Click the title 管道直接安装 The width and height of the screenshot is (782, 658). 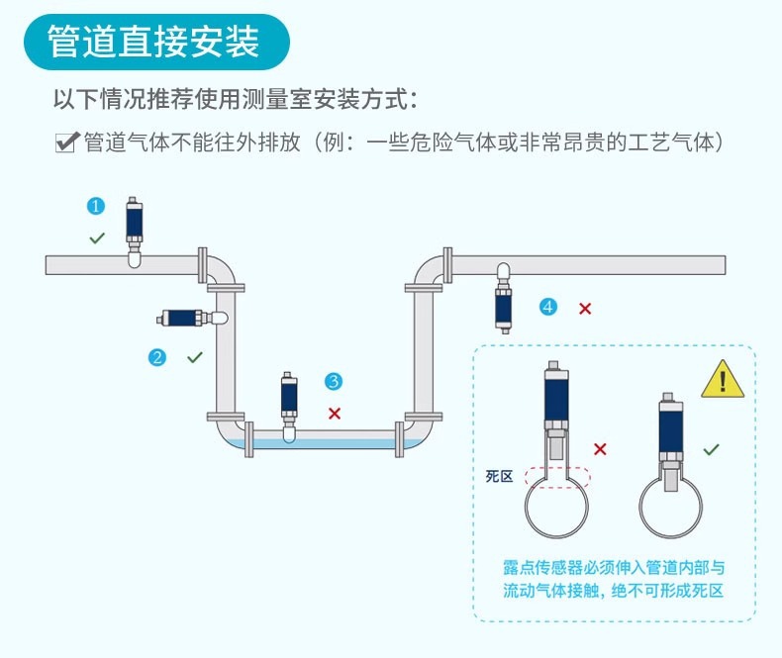tap(153, 42)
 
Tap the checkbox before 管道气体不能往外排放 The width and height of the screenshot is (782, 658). tap(66, 142)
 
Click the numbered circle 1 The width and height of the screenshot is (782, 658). tap(96, 206)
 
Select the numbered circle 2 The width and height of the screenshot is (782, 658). tap(156, 357)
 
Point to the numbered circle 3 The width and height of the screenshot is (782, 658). tap(334, 381)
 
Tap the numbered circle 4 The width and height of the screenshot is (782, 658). tap(548, 307)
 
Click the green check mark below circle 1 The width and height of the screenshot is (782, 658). tap(97, 237)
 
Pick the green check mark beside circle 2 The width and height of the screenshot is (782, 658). tap(194, 357)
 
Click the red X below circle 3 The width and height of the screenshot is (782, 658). tap(335, 413)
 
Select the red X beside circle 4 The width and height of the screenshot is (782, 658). tap(585, 309)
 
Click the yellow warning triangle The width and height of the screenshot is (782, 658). tap(722, 380)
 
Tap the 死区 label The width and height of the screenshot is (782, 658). tap(499, 477)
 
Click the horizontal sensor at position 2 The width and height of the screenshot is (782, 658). tap(189, 318)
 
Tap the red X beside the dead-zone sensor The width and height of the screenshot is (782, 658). tap(600, 449)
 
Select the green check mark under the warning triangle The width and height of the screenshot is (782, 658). tap(711, 449)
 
